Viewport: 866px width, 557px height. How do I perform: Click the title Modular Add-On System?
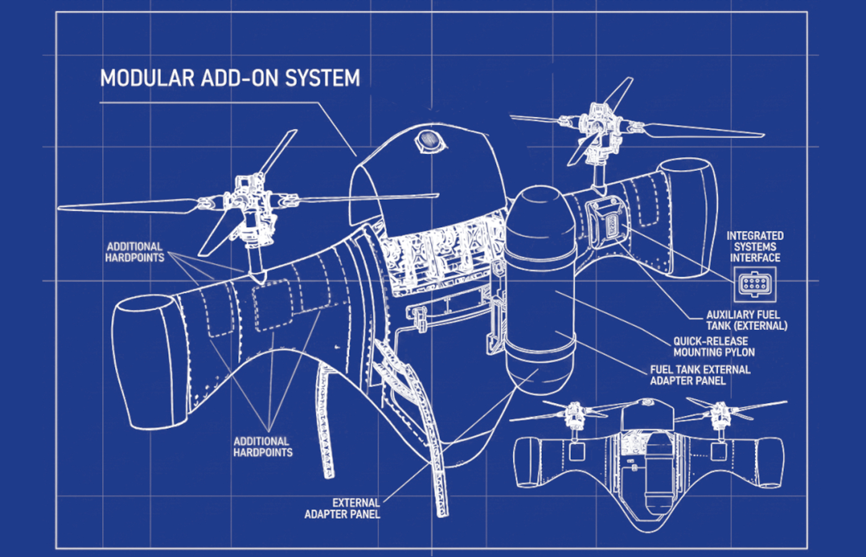coord(229,79)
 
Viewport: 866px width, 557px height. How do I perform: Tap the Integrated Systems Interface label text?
coord(755,246)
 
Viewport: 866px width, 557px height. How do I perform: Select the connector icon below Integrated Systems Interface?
coord(754,284)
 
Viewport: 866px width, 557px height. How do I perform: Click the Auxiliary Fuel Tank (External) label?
coord(746,320)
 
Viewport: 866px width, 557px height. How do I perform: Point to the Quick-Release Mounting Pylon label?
coord(714,347)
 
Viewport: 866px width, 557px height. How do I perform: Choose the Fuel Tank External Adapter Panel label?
coord(700,375)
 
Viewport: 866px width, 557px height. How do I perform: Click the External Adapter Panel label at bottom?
coord(342,508)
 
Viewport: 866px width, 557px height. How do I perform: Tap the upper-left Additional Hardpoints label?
coord(134,252)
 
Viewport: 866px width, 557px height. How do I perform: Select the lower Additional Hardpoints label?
coord(262,447)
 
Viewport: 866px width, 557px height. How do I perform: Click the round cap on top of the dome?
coord(431,140)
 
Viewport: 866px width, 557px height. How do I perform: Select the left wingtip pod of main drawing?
coord(144,362)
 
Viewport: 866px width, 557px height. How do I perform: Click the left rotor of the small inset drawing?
coord(576,414)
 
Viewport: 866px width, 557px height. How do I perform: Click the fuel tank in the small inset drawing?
coord(658,470)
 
